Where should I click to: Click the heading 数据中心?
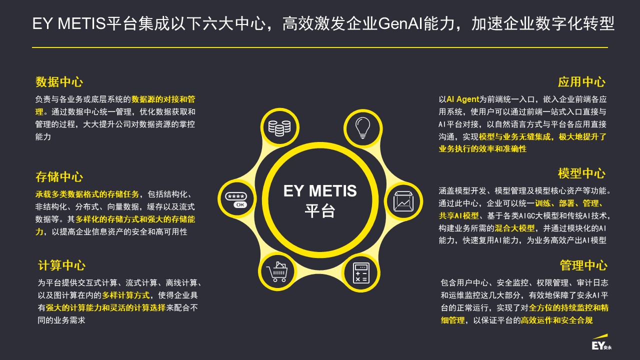pos(59,82)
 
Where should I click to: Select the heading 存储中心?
pos(59,177)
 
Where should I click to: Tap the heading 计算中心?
pos(61,265)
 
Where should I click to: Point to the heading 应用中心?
pos(581,82)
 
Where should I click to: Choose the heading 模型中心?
pos(581,173)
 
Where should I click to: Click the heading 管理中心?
pos(583,265)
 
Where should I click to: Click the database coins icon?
pos(279,128)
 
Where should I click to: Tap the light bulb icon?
pos(362,128)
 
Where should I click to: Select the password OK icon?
pos(236,200)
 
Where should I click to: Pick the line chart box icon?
pos(403,201)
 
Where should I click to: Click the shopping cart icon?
pos(277,271)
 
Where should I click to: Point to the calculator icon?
pos(361,273)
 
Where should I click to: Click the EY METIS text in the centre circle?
pos(320,191)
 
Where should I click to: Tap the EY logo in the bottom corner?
pos(601,342)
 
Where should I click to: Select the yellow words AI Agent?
pos(462,99)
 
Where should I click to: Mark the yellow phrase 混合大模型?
pos(514,228)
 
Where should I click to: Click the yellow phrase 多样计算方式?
pos(126,295)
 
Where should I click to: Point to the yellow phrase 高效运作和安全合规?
pos(556,320)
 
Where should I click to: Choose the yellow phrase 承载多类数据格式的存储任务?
pos(87,194)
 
